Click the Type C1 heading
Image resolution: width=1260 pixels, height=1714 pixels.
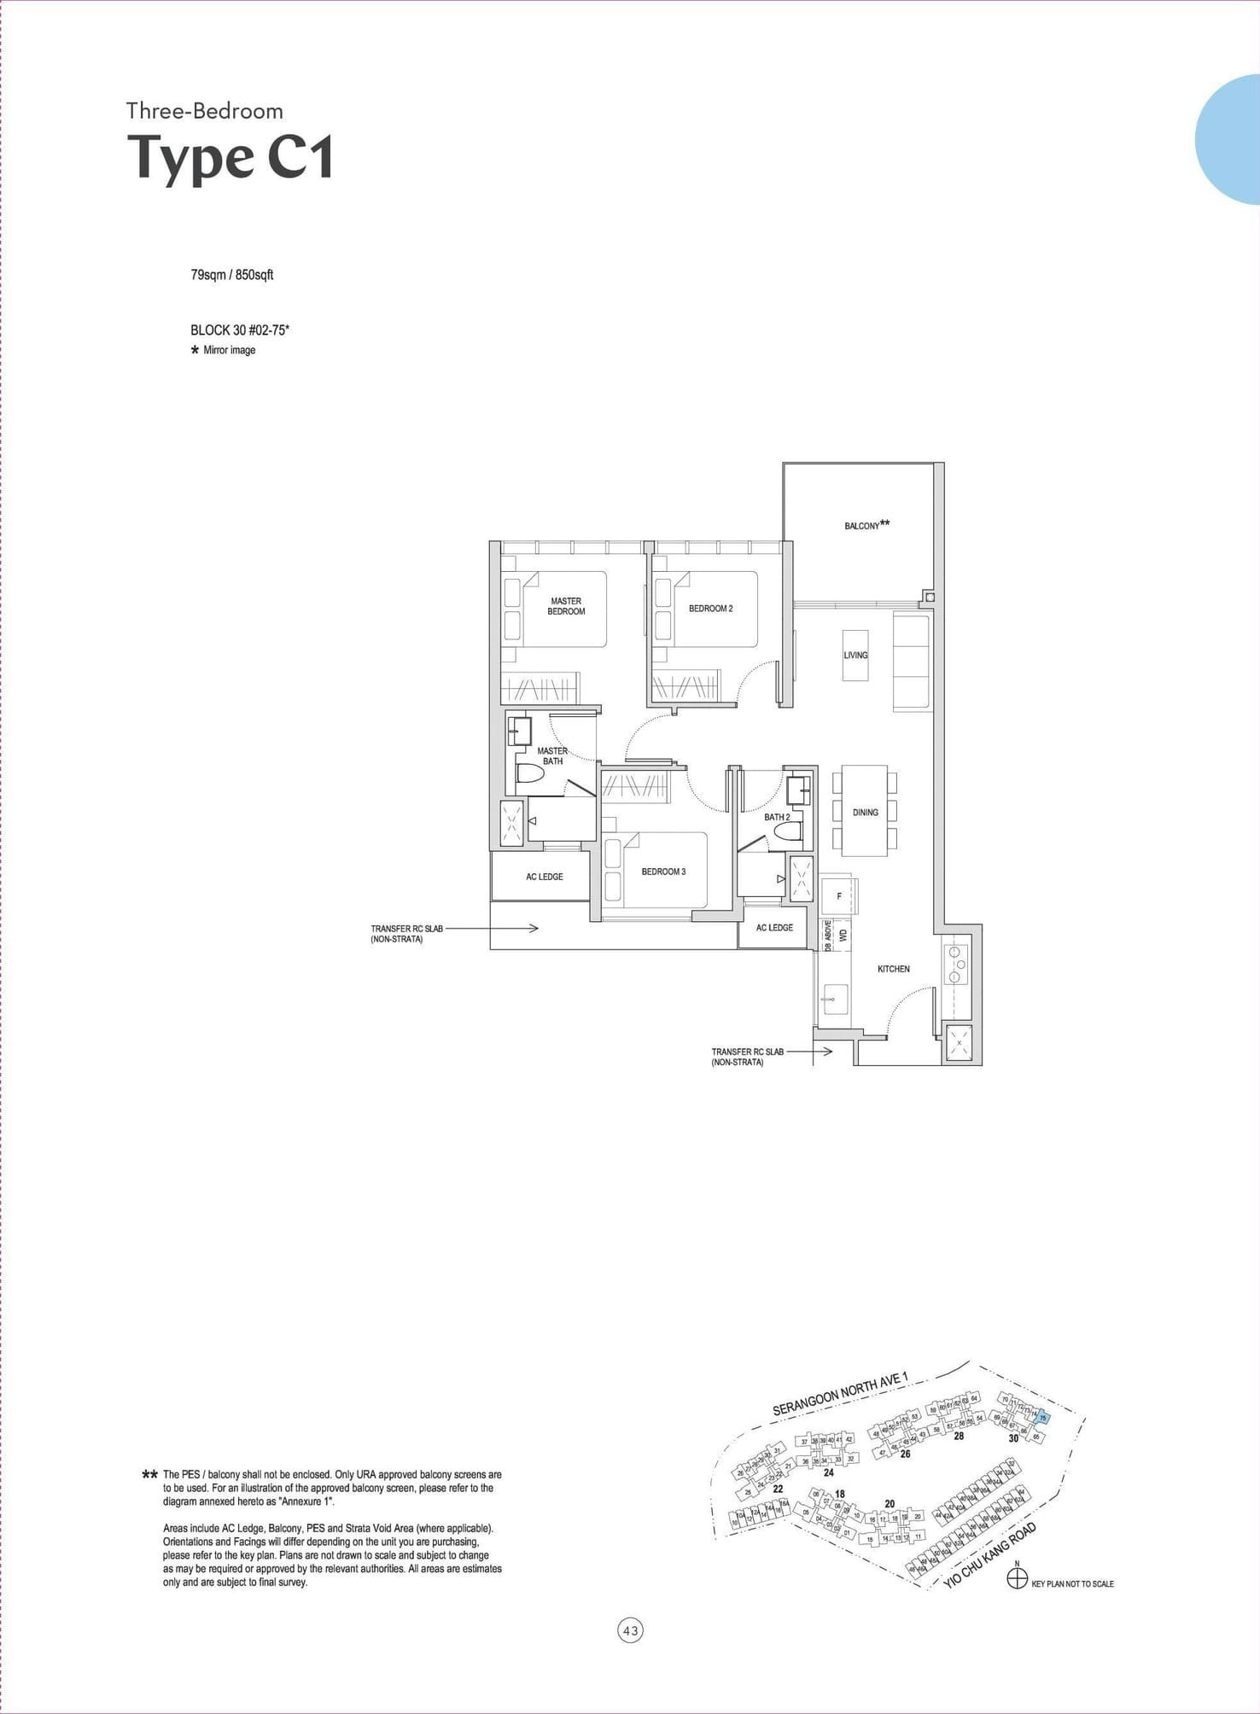coord(230,158)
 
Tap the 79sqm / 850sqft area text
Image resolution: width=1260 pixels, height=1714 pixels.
coord(231,275)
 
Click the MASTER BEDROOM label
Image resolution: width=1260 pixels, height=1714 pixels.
coord(566,606)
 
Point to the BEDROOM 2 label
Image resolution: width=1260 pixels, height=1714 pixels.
coord(710,609)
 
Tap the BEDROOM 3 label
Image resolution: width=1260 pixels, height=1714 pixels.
coord(663,872)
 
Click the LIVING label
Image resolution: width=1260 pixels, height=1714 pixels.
coord(855,656)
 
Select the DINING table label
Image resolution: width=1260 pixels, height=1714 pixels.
coord(865,812)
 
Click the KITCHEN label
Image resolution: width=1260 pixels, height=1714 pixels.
coord(893,969)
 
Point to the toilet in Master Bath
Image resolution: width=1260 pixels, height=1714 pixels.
coord(530,774)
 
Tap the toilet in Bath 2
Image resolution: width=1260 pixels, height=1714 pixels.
coord(793,833)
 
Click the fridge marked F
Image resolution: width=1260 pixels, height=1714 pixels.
coord(839,896)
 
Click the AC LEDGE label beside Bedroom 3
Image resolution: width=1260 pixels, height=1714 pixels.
coord(544,877)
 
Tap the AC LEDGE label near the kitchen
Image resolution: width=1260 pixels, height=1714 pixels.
coord(774,928)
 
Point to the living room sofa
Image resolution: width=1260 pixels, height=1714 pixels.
coord(911,662)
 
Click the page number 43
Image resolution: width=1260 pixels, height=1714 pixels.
coord(630,1631)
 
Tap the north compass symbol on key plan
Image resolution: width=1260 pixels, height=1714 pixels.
coord(1017,1579)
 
